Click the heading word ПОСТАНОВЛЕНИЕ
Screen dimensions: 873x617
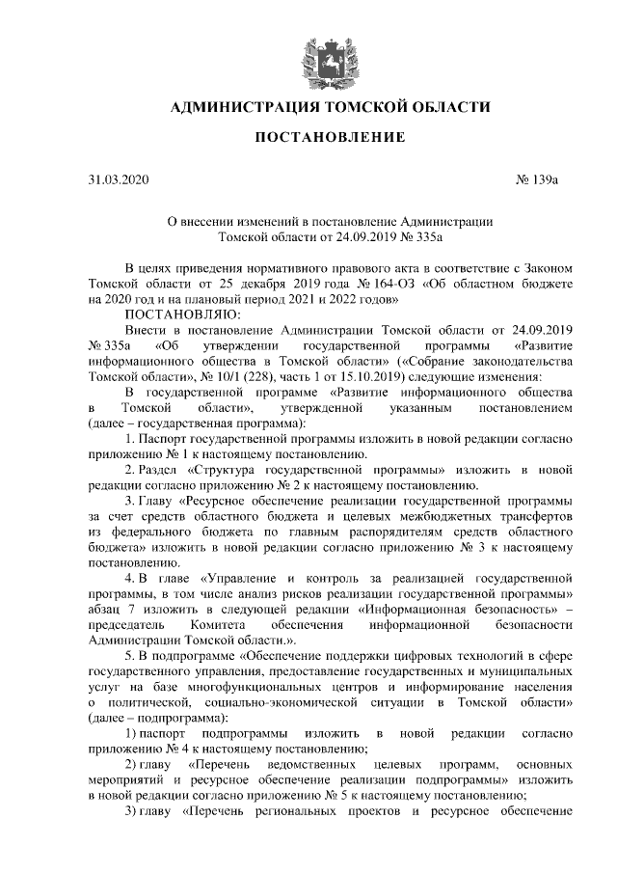point(330,138)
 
